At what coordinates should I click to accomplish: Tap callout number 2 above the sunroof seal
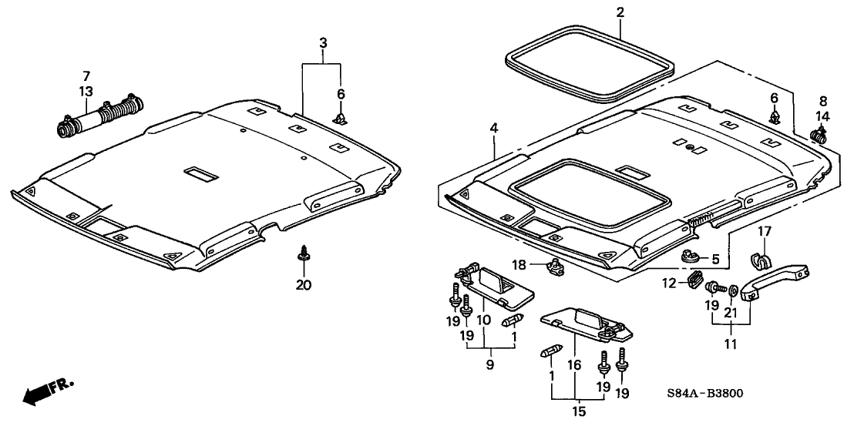point(620,12)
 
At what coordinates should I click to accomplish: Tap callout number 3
point(324,42)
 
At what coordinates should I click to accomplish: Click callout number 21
point(733,311)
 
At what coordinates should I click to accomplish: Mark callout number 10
point(484,320)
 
